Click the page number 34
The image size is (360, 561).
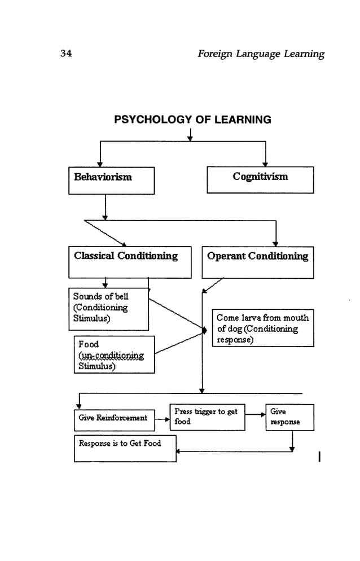[x=65, y=54]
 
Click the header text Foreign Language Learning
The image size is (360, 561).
[x=261, y=54]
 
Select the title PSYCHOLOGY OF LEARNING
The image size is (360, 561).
[x=192, y=120]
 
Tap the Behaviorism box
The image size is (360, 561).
[x=111, y=181]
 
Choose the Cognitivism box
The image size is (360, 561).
[x=260, y=179]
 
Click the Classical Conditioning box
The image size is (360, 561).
[x=130, y=262]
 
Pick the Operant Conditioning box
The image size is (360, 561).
[x=257, y=262]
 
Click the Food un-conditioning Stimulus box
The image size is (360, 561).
[x=114, y=354]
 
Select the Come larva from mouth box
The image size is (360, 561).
[x=263, y=328]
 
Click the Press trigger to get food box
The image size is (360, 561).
[x=207, y=417]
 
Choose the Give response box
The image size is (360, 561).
[x=289, y=417]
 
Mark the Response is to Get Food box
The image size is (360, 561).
[x=125, y=449]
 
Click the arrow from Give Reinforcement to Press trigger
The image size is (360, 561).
[x=162, y=420]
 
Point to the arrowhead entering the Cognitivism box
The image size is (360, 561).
[x=265, y=164]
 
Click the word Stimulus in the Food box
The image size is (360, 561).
[x=96, y=366]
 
